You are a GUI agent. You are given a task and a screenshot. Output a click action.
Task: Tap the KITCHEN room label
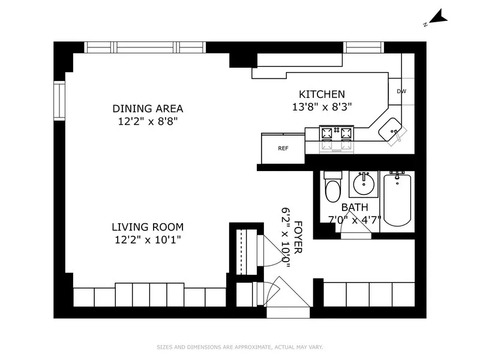pos(322,94)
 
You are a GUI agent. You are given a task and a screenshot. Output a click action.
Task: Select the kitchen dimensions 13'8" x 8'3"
pos(322,106)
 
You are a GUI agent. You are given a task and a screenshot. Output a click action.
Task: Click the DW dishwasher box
pos(401,91)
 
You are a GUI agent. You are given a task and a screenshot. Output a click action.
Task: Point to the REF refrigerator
pos(283,148)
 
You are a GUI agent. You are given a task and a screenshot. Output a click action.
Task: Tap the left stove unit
pos(328,139)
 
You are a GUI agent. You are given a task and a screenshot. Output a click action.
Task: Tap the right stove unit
pos(346,139)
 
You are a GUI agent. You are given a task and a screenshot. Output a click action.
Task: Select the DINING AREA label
pos(148,109)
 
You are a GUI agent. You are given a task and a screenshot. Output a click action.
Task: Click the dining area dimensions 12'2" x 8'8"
pos(148,121)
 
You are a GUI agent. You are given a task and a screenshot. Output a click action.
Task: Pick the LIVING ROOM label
pos(148,227)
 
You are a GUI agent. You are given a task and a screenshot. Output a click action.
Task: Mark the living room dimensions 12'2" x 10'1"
pos(148,239)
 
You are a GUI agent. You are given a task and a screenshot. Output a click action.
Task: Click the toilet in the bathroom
pos(332,188)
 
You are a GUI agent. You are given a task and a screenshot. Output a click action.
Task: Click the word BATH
pos(355,207)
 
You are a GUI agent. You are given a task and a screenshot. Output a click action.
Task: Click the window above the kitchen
pos(364,47)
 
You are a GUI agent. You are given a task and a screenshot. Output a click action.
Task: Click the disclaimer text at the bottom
pos(240,347)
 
